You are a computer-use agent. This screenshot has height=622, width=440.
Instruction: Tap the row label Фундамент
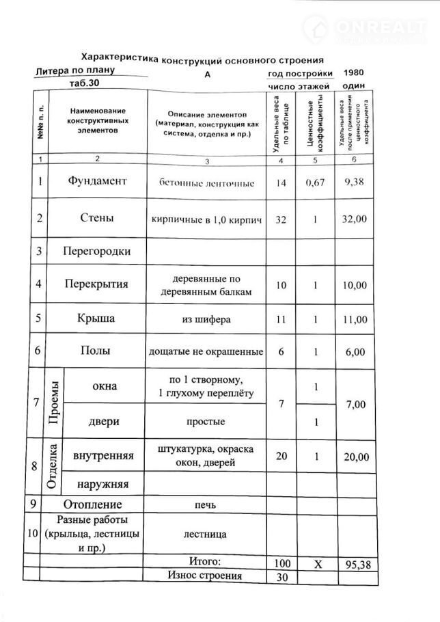[x=98, y=182]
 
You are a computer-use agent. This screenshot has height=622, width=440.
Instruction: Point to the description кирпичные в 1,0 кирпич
[x=207, y=219]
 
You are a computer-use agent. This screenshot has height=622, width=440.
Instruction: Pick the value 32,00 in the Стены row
[x=356, y=219]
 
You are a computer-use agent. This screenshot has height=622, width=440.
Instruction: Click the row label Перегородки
[x=96, y=251]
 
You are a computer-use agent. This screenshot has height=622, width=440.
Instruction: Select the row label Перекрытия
[x=96, y=284]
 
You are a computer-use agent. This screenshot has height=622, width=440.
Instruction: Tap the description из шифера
[x=206, y=319]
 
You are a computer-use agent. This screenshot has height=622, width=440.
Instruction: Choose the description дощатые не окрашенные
[x=206, y=352]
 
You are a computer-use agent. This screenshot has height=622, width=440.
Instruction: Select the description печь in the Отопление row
[x=206, y=505]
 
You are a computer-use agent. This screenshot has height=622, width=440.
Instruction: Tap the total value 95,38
[x=356, y=564]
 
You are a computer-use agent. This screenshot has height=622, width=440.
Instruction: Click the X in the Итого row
[x=316, y=564]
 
